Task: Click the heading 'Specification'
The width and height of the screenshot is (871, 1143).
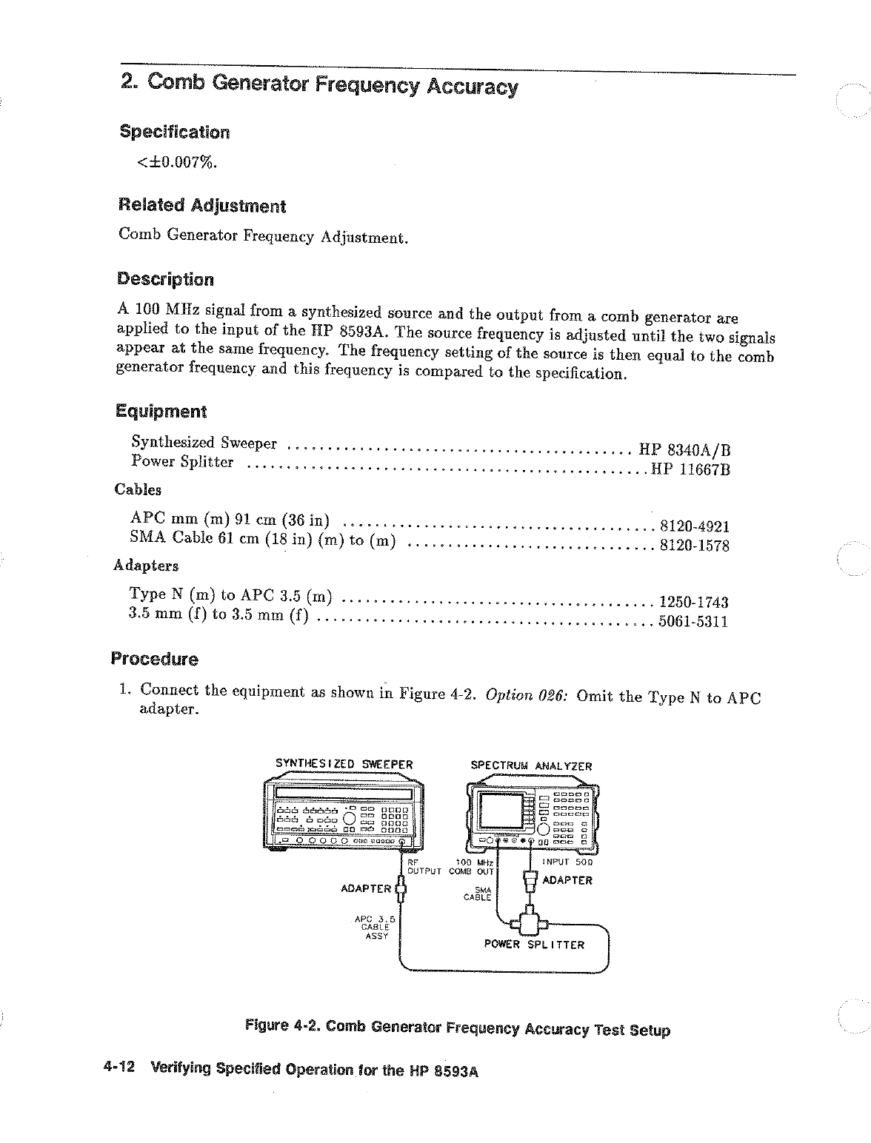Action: (x=175, y=133)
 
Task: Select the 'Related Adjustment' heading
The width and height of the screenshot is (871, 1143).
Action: (x=201, y=205)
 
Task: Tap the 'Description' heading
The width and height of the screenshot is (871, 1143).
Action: (x=165, y=279)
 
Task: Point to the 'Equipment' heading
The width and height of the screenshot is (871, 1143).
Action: (x=161, y=411)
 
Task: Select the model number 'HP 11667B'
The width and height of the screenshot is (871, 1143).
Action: (x=690, y=469)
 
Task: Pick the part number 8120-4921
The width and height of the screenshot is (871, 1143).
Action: (x=694, y=526)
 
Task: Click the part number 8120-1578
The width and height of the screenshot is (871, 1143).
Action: (x=694, y=546)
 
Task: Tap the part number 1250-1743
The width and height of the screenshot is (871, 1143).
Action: (x=693, y=603)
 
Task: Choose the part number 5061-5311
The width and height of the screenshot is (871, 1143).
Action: (x=693, y=622)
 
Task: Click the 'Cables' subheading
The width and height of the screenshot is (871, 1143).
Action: (x=138, y=489)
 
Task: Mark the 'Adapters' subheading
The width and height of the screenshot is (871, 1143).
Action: (x=146, y=566)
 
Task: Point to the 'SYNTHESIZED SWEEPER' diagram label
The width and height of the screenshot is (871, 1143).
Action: (x=344, y=764)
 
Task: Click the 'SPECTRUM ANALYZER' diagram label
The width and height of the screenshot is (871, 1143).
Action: (x=531, y=766)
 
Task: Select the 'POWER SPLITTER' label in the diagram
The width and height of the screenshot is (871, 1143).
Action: (x=534, y=945)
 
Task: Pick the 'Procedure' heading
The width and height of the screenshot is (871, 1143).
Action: (x=154, y=659)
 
